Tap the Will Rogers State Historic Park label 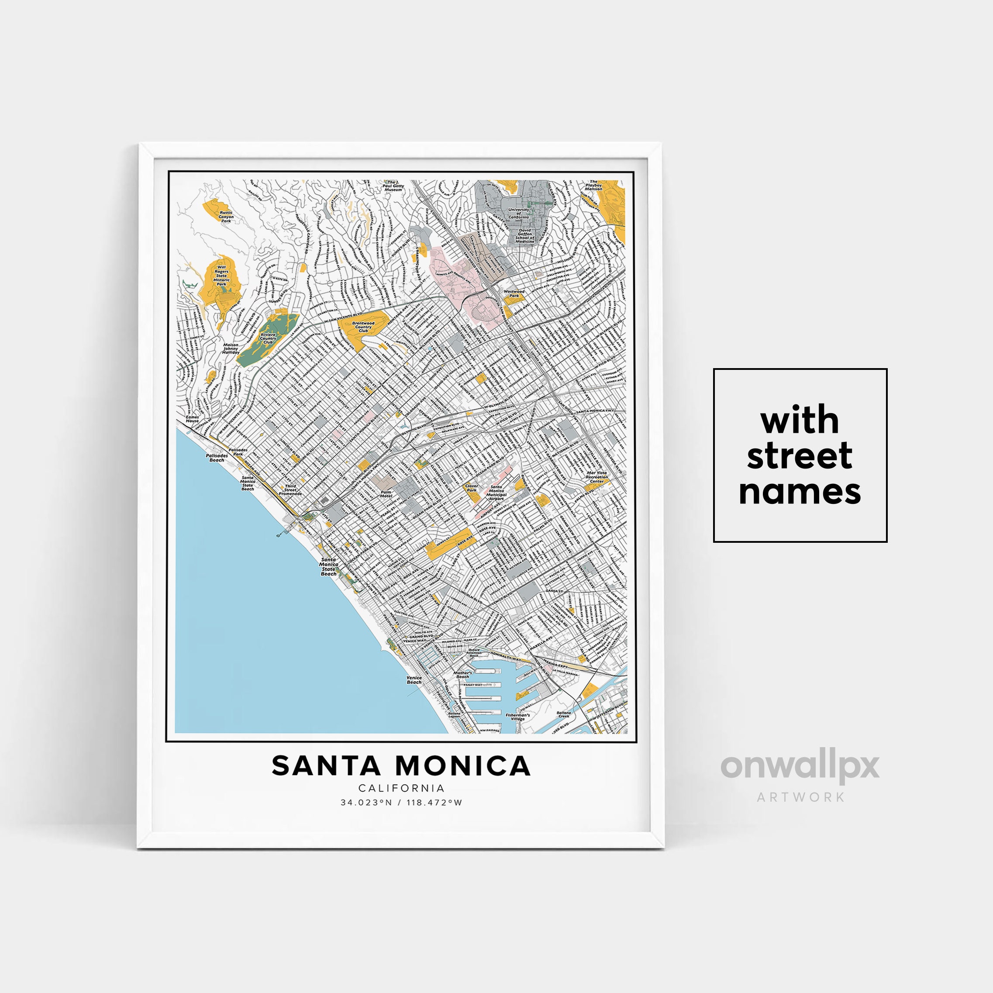pos(221,276)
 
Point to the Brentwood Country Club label pos(363,327)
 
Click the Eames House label pos(192,419)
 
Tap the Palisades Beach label pos(217,458)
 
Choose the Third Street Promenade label pos(290,490)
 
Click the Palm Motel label pos(386,494)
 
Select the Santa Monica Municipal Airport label pos(496,493)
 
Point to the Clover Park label pos(471,488)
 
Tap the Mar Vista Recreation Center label pos(597,477)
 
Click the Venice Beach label pos(414,680)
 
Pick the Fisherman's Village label pos(517,717)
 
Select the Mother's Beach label pos(462,675)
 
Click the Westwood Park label pos(514,293)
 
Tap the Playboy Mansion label pos(593,185)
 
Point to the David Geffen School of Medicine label pos(525,236)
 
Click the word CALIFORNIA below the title pos(401,788)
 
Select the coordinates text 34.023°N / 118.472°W pos(401,802)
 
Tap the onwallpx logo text pos(800,766)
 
